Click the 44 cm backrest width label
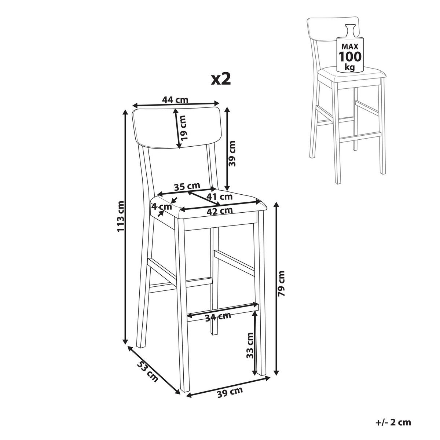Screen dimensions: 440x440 point(175,100)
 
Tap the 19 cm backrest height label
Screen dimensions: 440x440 point(183,128)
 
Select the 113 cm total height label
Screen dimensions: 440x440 point(121,216)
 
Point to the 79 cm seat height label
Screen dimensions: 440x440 point(282,283)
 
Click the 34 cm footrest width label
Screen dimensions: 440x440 point(218,316)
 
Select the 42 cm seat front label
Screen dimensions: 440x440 point(220,211)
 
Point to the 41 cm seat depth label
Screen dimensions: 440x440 point(219,197)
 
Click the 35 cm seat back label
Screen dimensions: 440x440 point(187,186)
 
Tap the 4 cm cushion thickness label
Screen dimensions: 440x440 point(162,207)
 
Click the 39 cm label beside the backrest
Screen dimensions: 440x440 point(232,153)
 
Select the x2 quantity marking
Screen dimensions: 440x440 point(221,79)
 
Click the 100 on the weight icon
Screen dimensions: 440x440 point(350,56)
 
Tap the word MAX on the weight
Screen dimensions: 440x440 point(350,47)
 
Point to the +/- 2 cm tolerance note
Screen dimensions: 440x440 point(393,410)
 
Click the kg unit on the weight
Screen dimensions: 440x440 point(350,67)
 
